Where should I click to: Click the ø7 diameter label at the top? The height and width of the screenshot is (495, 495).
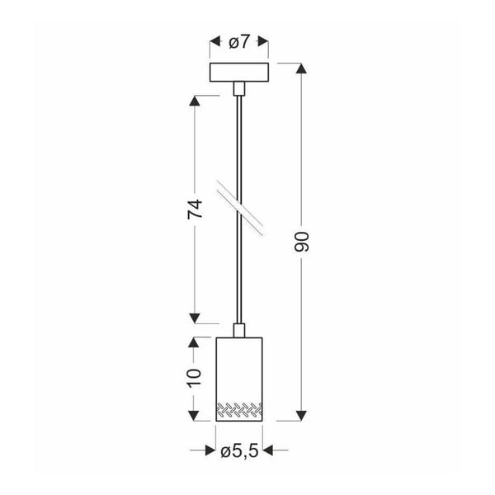[239, 41]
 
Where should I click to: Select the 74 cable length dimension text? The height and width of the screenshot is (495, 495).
[195, 210]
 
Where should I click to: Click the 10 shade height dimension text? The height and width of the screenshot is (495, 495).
[195, 378]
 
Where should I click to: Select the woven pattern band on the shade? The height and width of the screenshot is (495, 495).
[239, 409]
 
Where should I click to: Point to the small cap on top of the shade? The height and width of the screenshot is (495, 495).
[239, 331]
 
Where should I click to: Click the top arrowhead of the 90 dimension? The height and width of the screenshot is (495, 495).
[302, 68]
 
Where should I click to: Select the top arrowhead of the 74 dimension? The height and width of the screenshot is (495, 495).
[195, 101]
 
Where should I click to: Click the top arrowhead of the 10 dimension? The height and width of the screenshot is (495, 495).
[195, 340]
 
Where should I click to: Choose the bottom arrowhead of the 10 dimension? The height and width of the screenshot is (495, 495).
[195, 415]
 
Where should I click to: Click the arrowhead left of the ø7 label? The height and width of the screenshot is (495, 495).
[214, 41]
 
